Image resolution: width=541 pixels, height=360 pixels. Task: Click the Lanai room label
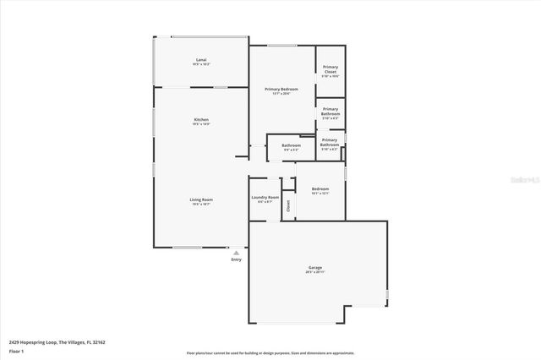(201, 59)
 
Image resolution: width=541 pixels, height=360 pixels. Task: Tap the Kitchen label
(201, 120)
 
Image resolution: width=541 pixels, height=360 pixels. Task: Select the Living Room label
(201, 199)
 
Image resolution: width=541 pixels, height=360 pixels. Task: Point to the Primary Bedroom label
(281, 89)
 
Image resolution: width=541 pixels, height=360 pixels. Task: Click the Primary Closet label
(330, 69)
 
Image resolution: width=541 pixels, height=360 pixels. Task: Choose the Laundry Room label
(265, 198)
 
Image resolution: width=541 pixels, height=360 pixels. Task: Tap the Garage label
(314, 268)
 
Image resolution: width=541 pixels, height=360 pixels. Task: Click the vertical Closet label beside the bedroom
(288, 205)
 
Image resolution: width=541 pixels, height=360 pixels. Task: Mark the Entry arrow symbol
(236, 252)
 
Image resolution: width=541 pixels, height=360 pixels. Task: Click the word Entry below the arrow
(236, 259)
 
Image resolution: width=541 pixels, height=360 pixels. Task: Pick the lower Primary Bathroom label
(330, 142)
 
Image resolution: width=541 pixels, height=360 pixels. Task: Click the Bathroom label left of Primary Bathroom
(291, 145)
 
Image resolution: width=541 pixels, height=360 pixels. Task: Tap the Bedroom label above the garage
(320, 188)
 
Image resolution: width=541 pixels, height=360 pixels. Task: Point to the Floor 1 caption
(17, 351)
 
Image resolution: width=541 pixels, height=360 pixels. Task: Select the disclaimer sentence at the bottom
(270, 353)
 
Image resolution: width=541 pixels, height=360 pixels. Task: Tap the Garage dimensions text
(314, 273)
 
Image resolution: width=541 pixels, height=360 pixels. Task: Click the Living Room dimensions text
(201, 205)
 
